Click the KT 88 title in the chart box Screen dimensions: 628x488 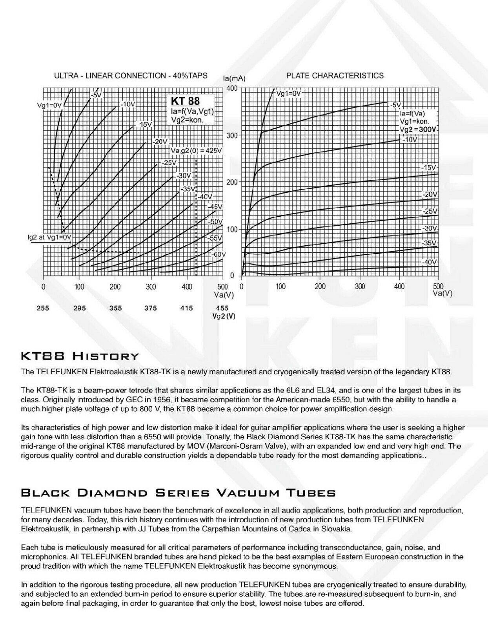coord(185,101)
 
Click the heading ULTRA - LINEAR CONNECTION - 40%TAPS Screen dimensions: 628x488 coord(131,76)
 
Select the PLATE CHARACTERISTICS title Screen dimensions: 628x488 coord(335,76)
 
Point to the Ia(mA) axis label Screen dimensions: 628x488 coord(234,79)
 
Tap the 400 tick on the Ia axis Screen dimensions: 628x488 coord(232,88)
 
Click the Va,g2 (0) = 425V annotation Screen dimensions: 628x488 coord(196,151)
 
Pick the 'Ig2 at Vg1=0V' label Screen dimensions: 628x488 coord(50,237)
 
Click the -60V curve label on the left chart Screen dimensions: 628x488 coord(219,254)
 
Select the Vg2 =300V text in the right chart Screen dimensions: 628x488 coord(419,129)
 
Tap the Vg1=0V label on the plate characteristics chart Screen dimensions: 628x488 coord(288,94)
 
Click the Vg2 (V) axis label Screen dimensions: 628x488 coord(224,316)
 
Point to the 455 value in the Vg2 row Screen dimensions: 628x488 coord(222,308)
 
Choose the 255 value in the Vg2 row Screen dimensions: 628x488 coord(43,308)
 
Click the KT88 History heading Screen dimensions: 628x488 coord(80,356)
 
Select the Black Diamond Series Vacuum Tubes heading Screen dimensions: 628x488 coord(178,493)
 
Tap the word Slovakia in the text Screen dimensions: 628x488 coord(338,529)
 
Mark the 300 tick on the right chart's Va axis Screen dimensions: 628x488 coord(360,287)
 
